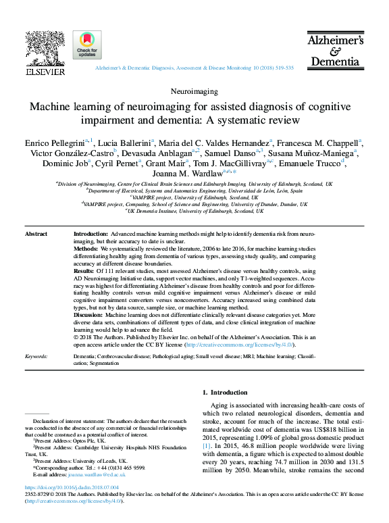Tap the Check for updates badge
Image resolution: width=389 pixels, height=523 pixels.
pos(87,44)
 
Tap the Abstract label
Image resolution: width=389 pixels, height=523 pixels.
pos(36,234)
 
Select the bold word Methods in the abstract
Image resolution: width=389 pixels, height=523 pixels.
pos(86,249)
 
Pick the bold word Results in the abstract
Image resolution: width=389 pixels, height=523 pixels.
pos(84,270)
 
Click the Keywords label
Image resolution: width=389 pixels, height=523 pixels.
pos(36,355)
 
